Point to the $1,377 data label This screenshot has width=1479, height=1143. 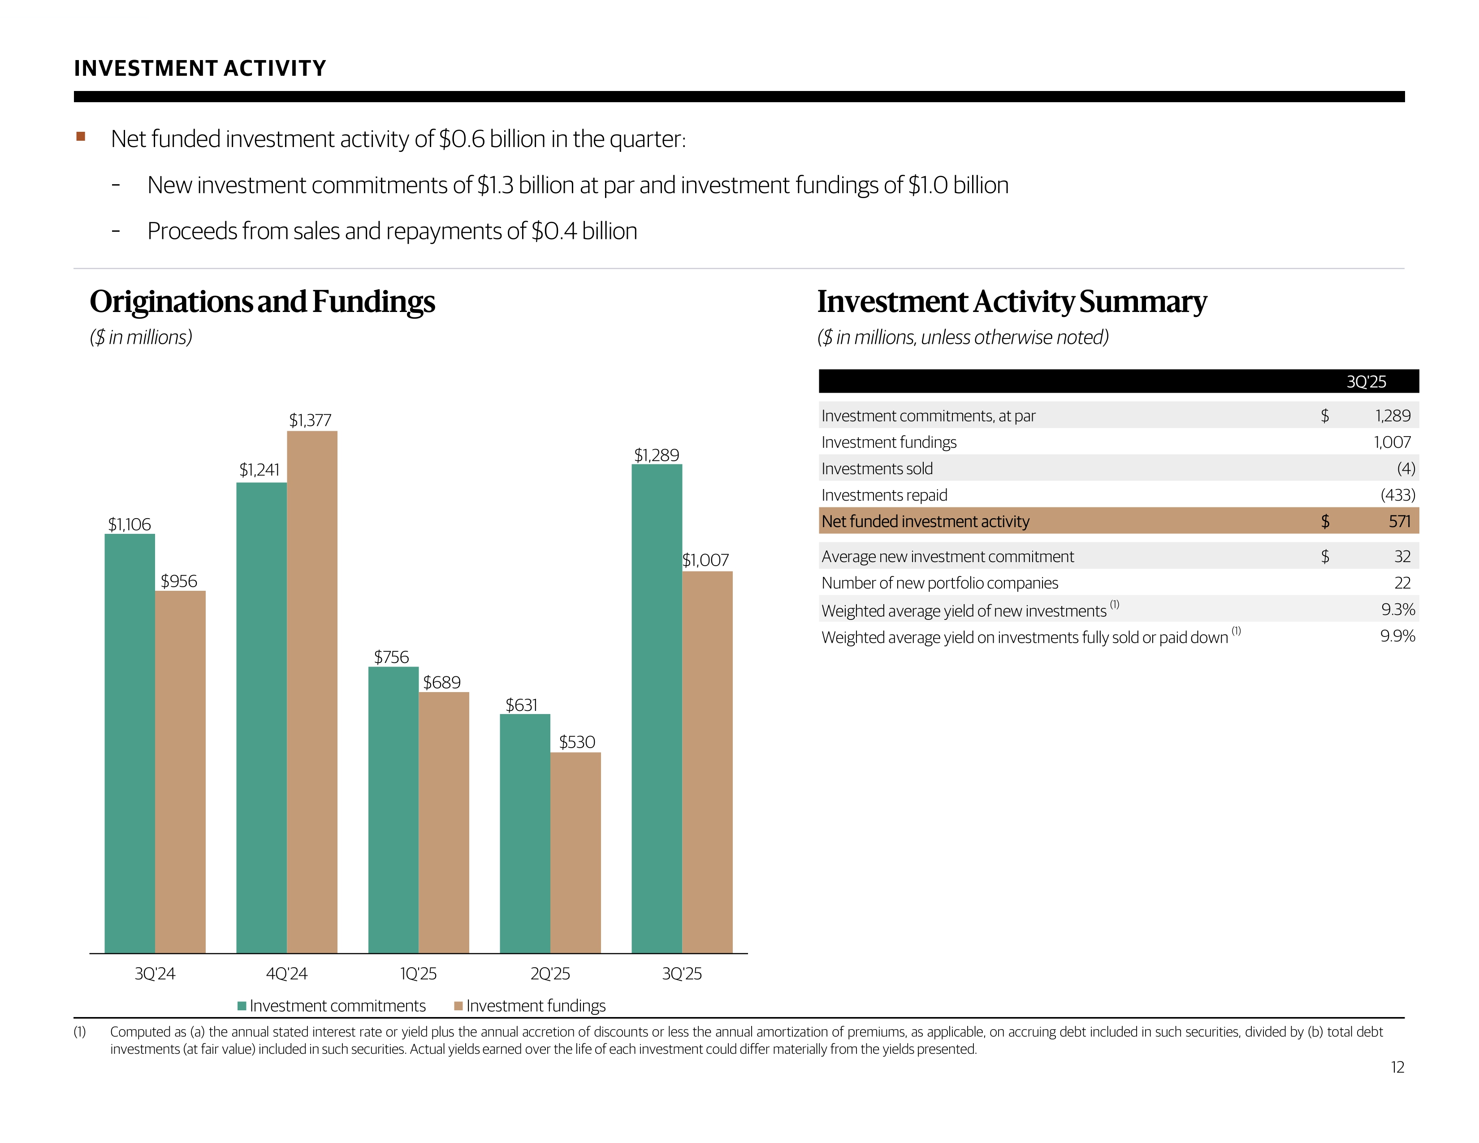tap(310, 420)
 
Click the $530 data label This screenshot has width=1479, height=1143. tap(577, 742)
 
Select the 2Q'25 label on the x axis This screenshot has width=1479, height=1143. tap(550, 974)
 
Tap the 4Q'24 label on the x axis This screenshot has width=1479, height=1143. tap(286, 974)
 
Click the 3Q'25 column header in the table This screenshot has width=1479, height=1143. tap(1366, 382)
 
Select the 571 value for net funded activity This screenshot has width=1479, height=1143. tap(1399, 521)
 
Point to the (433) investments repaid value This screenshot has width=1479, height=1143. tap(1398, 495)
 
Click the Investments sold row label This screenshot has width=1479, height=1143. tap(877, 468)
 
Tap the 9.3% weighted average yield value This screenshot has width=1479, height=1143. tap(1398, 610)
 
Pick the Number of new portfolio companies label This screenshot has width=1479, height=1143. tap(939, 583)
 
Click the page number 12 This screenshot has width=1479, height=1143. tap(1397, 1067)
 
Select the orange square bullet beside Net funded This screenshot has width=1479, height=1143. tap(81, 137)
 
